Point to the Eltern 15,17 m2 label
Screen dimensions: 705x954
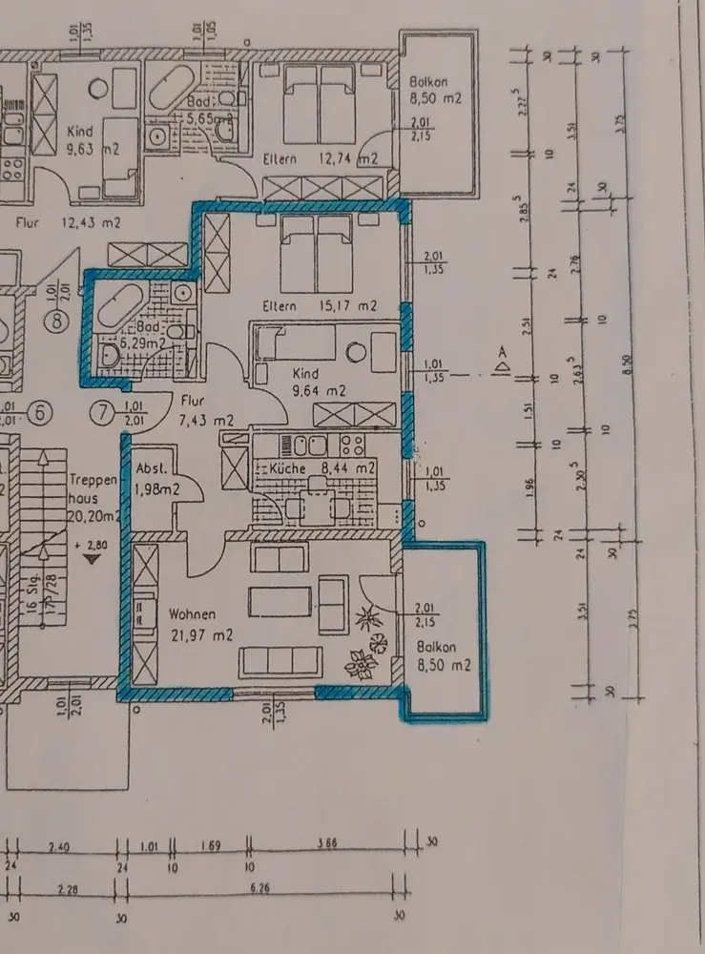point(321,306)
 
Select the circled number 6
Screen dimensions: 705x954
point(41,413)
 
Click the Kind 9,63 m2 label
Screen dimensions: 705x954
point(93,140)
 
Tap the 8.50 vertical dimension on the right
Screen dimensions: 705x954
point(628,363)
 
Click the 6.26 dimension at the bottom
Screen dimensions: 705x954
point(259,890)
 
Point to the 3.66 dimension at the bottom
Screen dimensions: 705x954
point(329,844)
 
